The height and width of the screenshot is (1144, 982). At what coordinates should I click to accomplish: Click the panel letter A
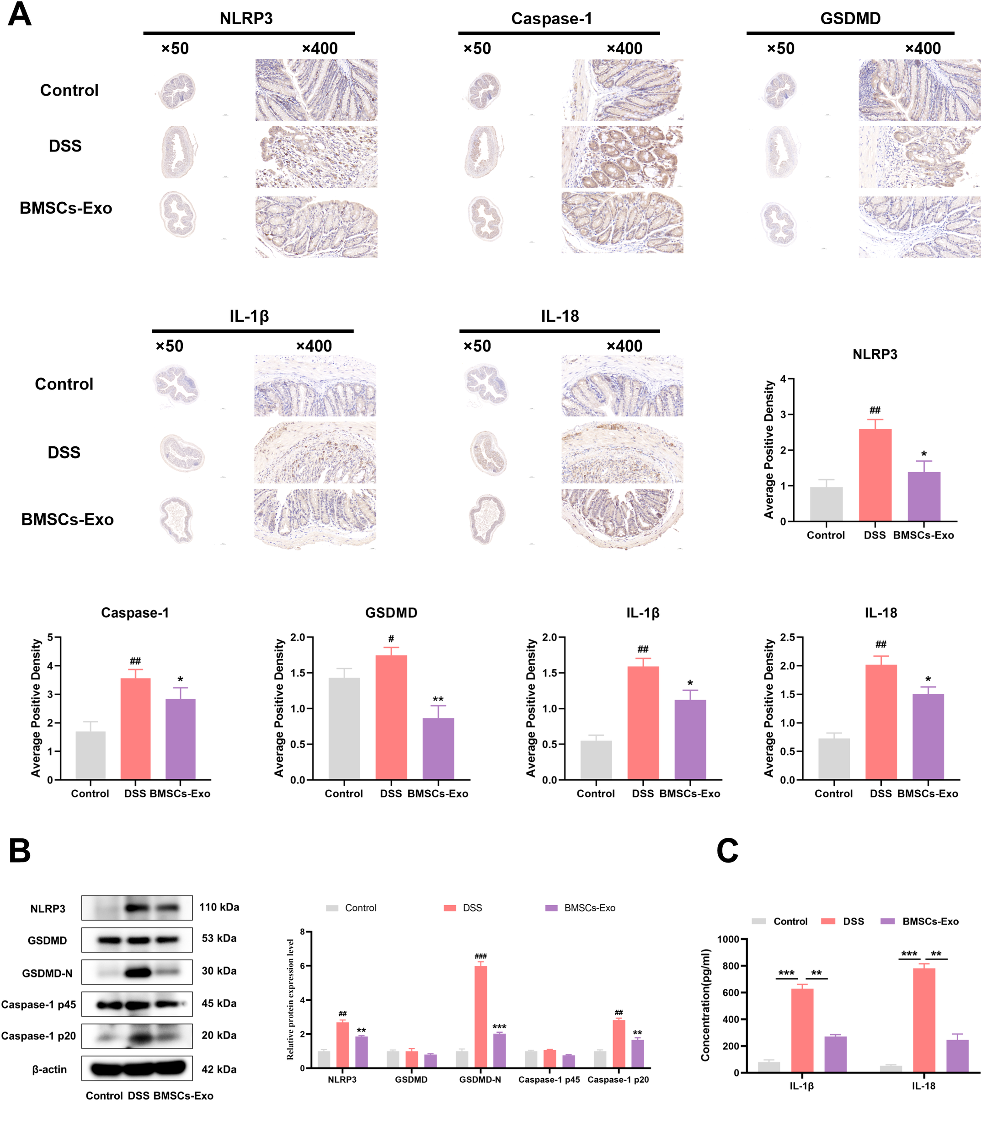tap(20, 15)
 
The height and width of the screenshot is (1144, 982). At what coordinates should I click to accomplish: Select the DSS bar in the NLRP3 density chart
tap(875, 475)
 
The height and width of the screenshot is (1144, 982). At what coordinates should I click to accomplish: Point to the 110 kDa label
tap(219, 907)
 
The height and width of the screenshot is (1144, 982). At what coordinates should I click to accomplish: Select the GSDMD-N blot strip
tap(137, 972)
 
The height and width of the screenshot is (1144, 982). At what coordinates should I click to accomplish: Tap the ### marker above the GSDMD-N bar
tap(480, 956)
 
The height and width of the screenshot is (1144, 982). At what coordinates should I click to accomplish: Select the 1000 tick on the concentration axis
tap(728, 939)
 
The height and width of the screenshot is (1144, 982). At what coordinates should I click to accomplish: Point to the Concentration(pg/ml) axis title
tap(705, 1005)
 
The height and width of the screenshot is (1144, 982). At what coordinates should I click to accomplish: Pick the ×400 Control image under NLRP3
tap(316, 90)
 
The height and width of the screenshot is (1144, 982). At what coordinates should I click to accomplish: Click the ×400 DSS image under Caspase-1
tap(622, 157)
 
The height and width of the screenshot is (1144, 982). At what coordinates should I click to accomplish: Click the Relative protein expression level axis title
tap(290, 999)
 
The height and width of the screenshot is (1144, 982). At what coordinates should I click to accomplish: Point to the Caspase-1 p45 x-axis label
tap(549, 1079)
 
